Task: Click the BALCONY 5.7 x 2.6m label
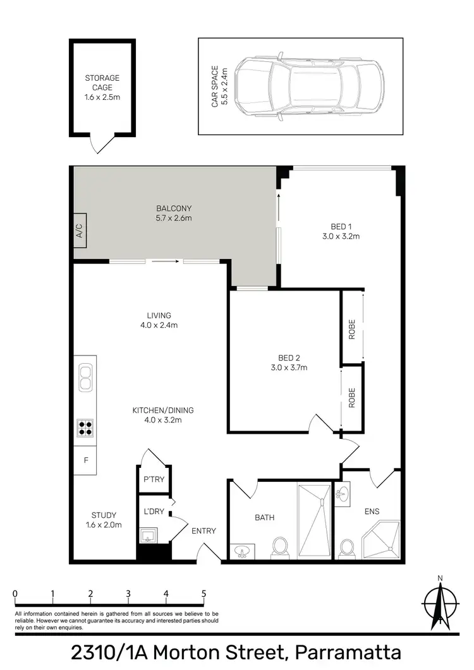174,213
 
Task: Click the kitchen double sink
85,377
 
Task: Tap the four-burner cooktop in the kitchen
85,428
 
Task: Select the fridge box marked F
85,460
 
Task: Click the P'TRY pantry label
154,479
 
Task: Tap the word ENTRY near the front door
204,531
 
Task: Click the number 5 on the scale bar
204,594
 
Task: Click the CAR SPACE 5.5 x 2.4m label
219,86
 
